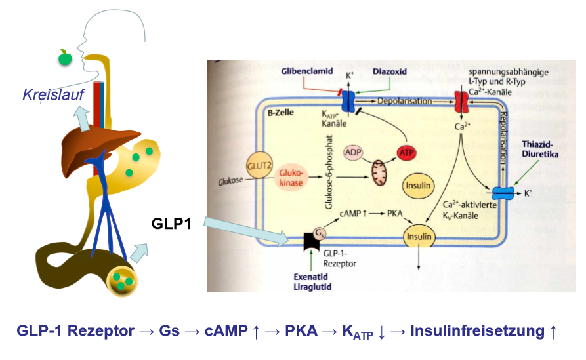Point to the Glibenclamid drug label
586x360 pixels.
point(308,70)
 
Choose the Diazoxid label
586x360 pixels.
point(390,70)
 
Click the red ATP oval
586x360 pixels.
point(407,154)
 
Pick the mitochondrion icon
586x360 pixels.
point(381,176)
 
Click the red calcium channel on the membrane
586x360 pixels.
point(461,102)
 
